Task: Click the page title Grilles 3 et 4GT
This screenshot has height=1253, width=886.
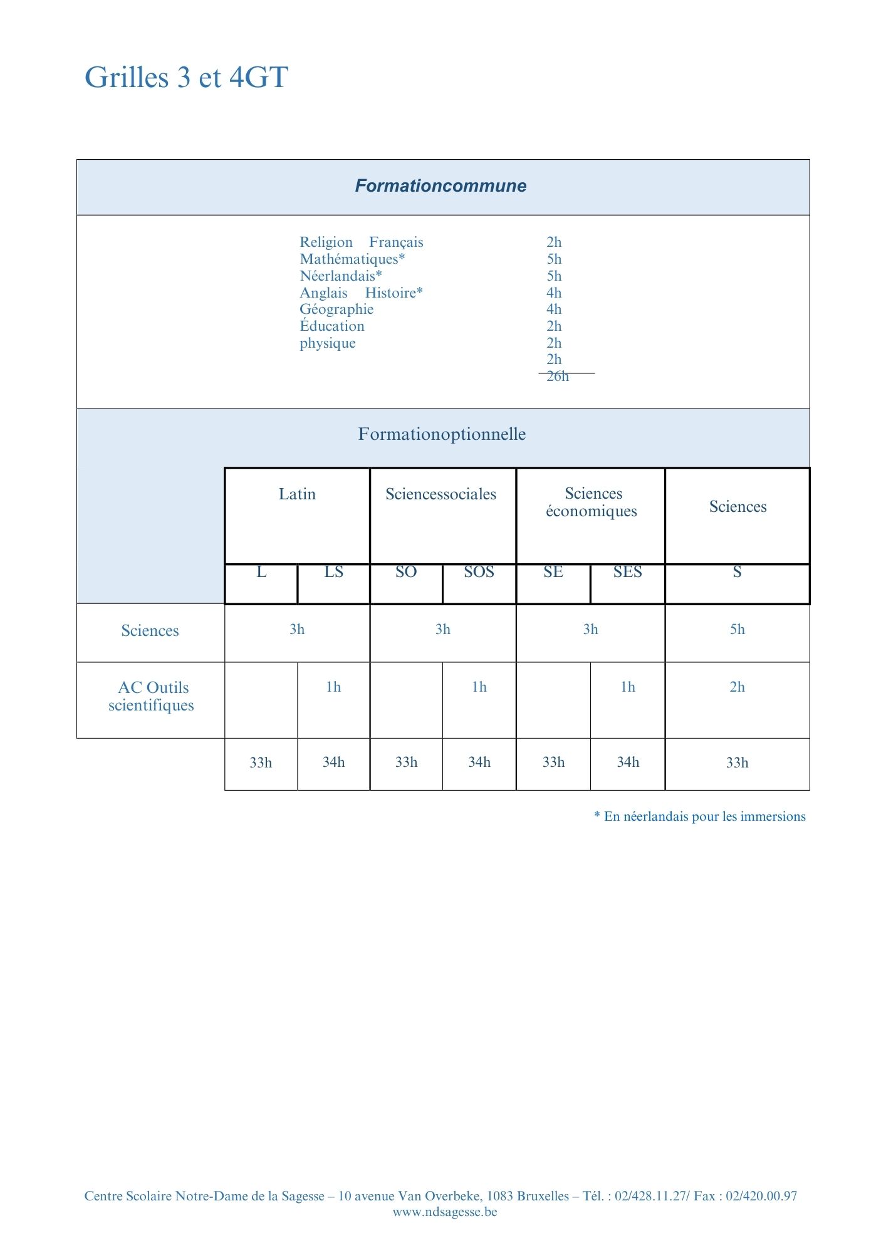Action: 186,78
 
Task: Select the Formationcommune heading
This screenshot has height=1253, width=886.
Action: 440,186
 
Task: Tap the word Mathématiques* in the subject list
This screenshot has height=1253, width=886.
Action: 352,259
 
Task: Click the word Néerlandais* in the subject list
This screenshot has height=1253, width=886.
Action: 340,276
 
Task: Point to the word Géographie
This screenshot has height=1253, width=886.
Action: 336,309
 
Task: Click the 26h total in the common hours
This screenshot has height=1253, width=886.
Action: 558,376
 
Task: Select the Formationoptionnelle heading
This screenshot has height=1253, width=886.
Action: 442,434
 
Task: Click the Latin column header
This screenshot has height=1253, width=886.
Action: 297,494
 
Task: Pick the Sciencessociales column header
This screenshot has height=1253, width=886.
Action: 440,494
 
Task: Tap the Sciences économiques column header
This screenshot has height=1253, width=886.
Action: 592,502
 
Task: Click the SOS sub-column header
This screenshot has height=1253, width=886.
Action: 479,572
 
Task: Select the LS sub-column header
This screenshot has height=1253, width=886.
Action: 333,572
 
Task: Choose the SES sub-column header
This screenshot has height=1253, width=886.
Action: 627,572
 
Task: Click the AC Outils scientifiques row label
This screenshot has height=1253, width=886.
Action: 151,696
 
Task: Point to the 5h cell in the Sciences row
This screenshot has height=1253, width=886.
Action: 737,630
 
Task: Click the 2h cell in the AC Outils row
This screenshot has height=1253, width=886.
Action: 737,687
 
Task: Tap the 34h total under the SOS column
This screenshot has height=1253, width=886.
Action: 479,762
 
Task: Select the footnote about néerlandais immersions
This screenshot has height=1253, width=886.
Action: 700,816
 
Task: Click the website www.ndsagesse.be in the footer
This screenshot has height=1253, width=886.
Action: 445,1212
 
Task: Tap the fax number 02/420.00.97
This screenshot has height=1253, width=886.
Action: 761,1196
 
